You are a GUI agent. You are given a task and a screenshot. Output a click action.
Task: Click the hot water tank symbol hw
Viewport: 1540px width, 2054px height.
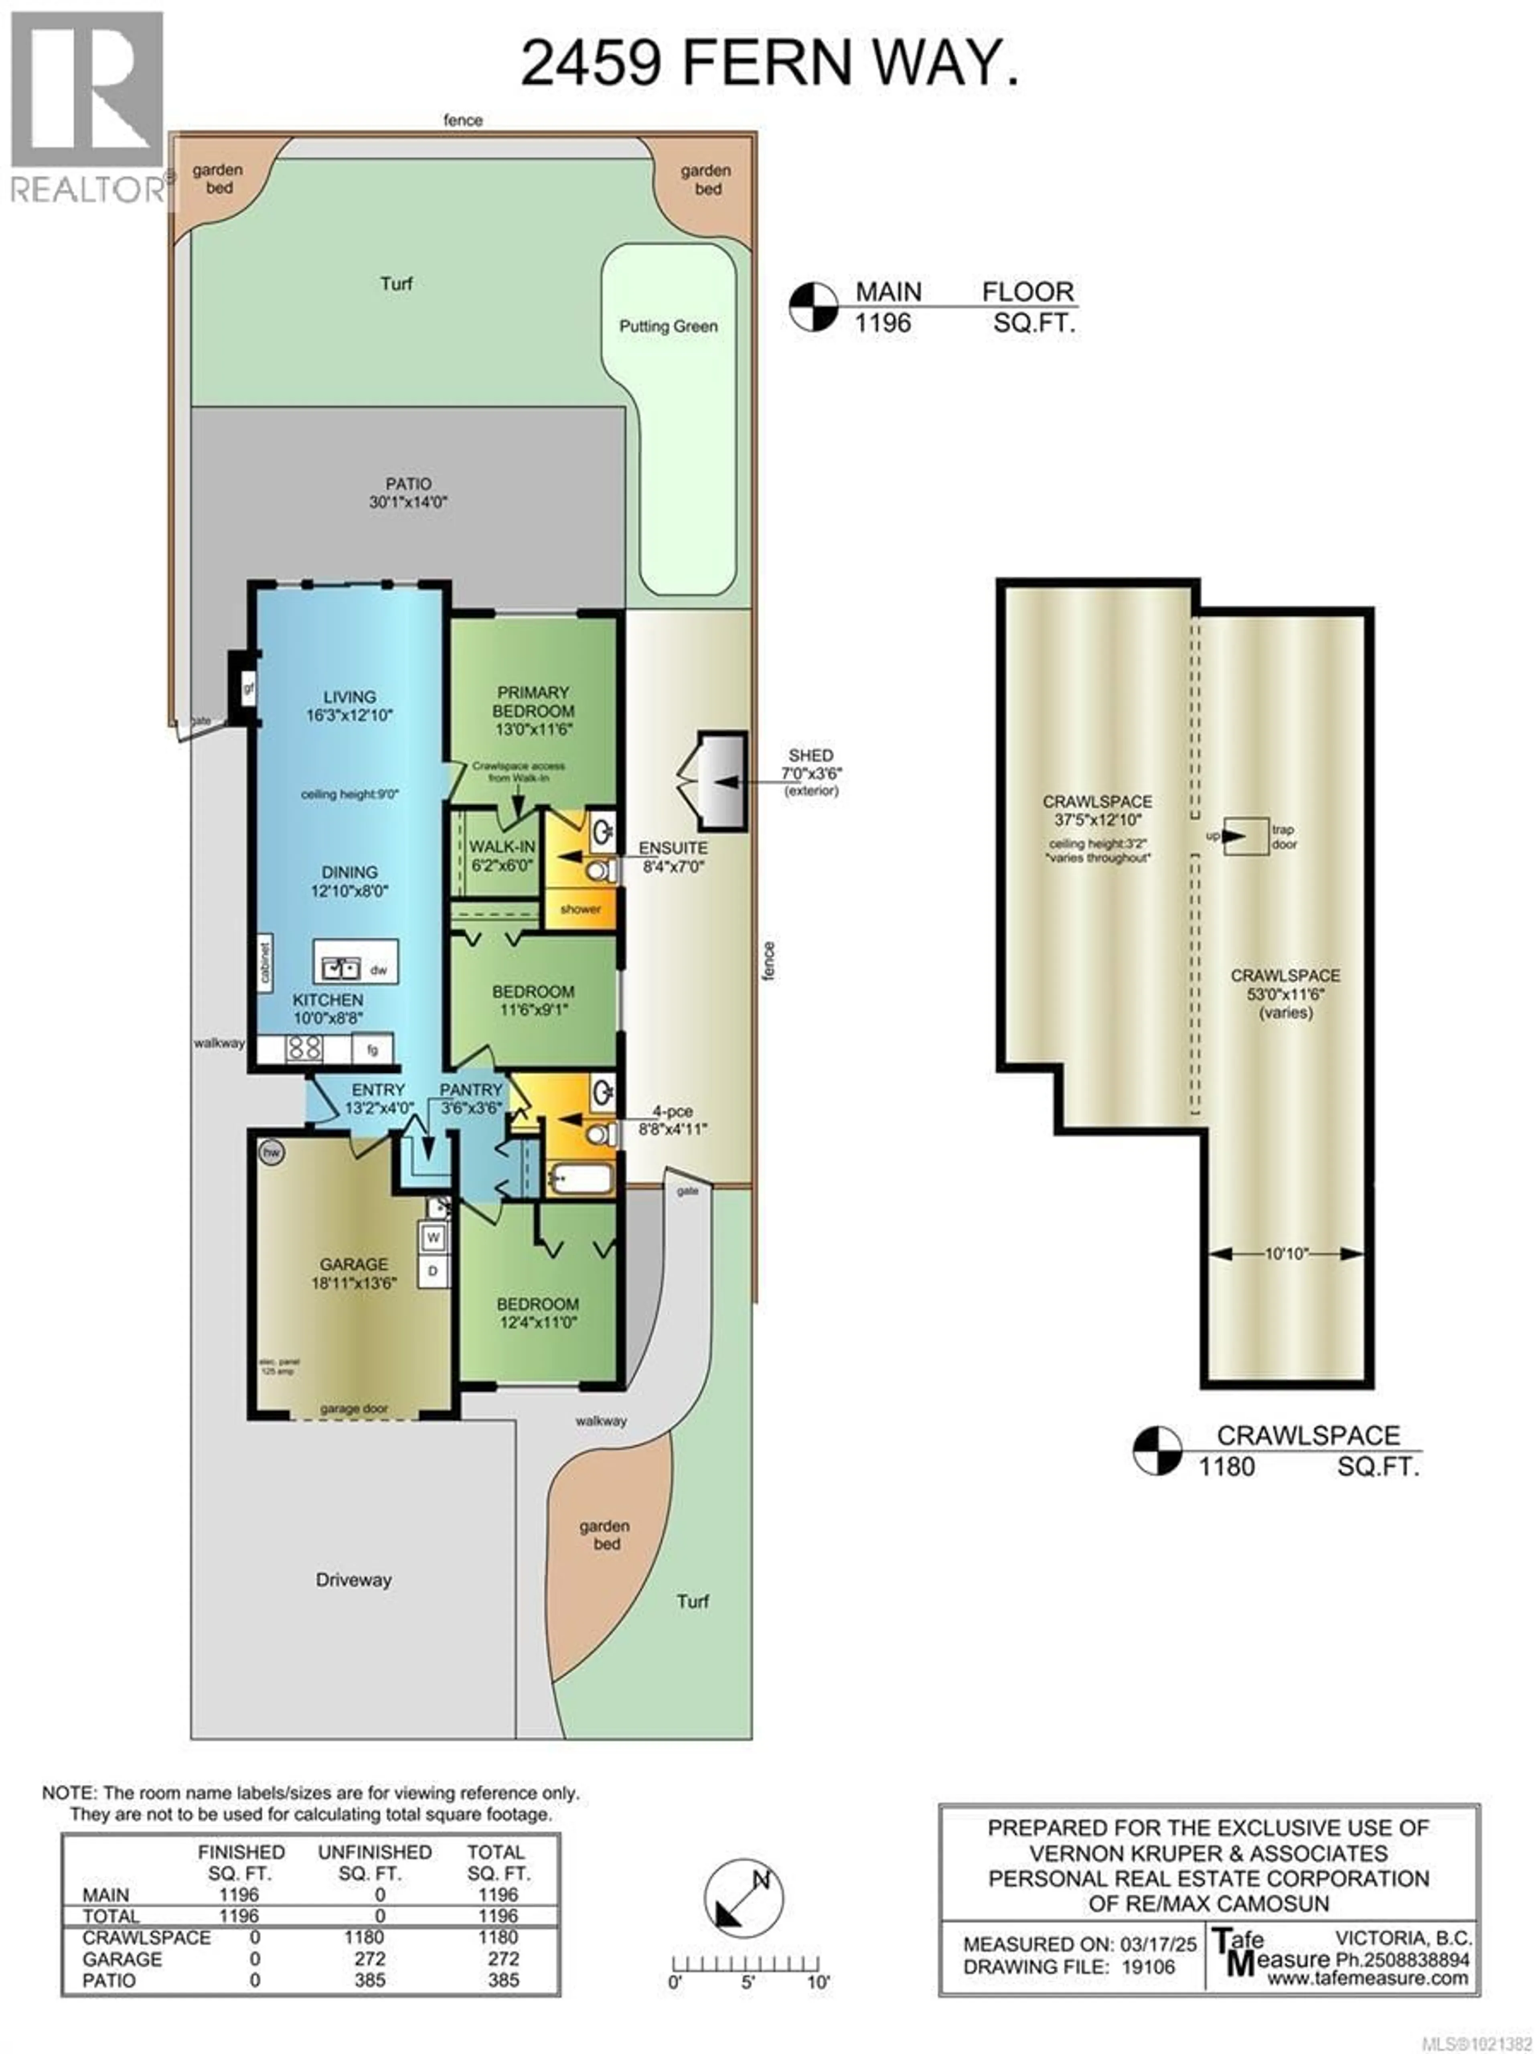(271, 1152)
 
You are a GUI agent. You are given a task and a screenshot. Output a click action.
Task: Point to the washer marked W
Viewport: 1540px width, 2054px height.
(433, 1238)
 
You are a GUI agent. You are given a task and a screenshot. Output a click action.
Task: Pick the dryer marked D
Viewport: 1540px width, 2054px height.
(433, 1270)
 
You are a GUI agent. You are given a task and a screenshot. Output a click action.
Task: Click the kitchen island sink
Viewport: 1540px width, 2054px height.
(340, 968)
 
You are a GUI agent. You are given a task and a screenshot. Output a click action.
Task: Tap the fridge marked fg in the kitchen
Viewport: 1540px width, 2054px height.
(372, 1050)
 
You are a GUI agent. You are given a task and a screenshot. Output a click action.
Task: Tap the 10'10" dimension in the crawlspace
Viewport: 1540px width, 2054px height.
(1286, 1254)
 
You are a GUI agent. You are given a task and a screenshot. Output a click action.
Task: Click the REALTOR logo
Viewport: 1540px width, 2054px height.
(87, 107)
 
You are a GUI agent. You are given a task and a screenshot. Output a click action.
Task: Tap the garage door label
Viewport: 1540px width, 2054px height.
(354, 1409)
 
